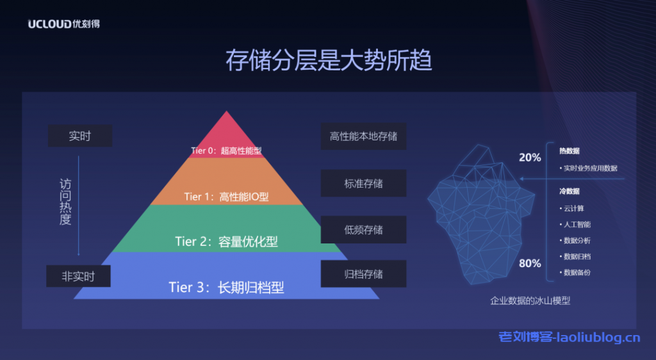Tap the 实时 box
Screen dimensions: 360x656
click(80, 136)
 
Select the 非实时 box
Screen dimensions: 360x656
click(78, 276)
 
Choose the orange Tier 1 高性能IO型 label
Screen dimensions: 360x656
click(225, 197)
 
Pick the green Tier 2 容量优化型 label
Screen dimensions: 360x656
click(226, 241)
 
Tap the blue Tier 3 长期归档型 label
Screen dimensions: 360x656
click(226, 287)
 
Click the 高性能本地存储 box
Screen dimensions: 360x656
click(363, 136)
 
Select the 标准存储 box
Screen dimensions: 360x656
click(363, 183)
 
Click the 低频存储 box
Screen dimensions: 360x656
click(363, 229)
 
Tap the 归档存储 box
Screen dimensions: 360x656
click(363, 274)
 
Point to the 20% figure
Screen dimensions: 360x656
click(530, 158)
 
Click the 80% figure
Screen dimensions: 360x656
click(530, 263)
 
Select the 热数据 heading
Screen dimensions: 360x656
click(569, 151)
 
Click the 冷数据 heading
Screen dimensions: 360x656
click(569, 191)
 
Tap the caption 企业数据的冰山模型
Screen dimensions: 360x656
click(530, 300)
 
